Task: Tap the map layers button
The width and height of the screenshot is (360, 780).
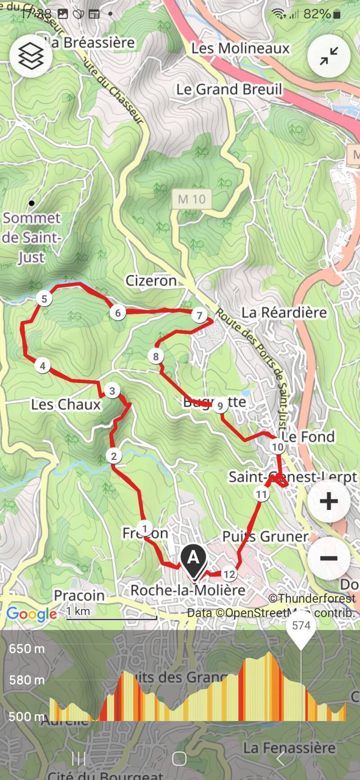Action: click(x=31, y=56)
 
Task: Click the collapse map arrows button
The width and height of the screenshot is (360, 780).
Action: click(x=329, y=56)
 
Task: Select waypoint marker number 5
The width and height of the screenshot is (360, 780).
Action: click(x=44, y=299)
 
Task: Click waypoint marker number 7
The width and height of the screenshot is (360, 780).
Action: click(x=199, y=315)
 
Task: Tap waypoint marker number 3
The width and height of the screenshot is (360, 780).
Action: click(x=112, y=391)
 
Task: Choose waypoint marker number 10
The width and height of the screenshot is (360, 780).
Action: click(x=277, y=447)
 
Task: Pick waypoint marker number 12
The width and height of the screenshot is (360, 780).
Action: click(x=229, y=574)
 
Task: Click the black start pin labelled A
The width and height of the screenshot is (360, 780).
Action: click(x=193, y=559)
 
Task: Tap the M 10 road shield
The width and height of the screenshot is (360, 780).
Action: click(x=192, y=199)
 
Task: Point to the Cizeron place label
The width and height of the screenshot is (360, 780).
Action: click(x=151, y=281)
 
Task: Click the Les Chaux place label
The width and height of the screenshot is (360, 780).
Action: click(x=66, y=405)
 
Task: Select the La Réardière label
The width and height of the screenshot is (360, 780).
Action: click(x=284, y=312)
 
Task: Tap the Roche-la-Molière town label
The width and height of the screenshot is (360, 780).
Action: click(x=188, y=590)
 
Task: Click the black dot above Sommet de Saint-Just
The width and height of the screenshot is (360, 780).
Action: click(x=31, y=203)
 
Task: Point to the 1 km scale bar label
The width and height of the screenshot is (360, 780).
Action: click(x=78, y=611)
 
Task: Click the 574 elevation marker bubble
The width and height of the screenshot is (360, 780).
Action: click(x=301, y=626)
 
